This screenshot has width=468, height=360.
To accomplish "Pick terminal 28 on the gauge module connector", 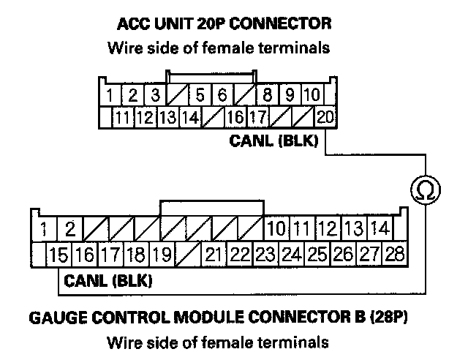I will coord(394,255).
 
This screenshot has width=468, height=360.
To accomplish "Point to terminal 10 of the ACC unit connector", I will coord(311,95).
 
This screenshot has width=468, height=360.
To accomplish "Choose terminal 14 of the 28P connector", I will coord(378,228).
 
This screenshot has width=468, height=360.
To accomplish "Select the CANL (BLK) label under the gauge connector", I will coord(108,280).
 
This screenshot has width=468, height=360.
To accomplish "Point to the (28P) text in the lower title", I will coord(405,320).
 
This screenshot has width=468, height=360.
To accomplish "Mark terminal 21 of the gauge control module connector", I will coord(214,255).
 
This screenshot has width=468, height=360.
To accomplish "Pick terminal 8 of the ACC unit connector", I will coord(268,95).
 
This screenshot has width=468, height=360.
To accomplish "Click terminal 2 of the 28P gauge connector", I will coord(70,228).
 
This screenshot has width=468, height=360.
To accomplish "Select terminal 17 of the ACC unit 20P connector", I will coord(257,116).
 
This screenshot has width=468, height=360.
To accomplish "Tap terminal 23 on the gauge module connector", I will coord(265,255).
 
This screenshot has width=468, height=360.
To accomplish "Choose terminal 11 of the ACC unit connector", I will coord(123,116).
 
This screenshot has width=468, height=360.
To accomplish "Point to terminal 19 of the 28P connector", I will coord(162,255).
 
